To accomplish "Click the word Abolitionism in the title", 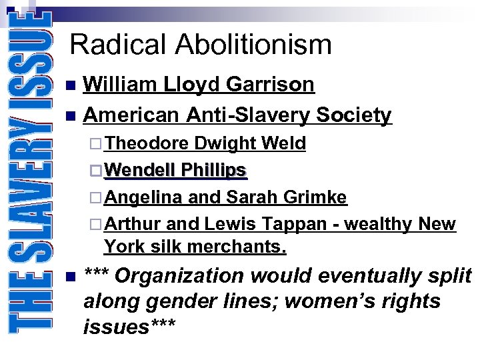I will click(x=253, y=45).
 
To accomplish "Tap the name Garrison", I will click(x=270, y=85).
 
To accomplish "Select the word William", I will click(x=121, y=85).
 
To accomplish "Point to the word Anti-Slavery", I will click(x=247, y=115).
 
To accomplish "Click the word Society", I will click(x=354, y=115).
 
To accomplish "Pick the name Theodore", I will click(x=147, y=143).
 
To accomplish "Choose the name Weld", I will click(x=284, y=143).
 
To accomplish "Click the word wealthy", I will click(x=378, y=223).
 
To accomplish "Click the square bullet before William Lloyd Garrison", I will click(x=71, y=85).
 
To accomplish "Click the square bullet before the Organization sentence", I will click(x=71, y=276).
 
